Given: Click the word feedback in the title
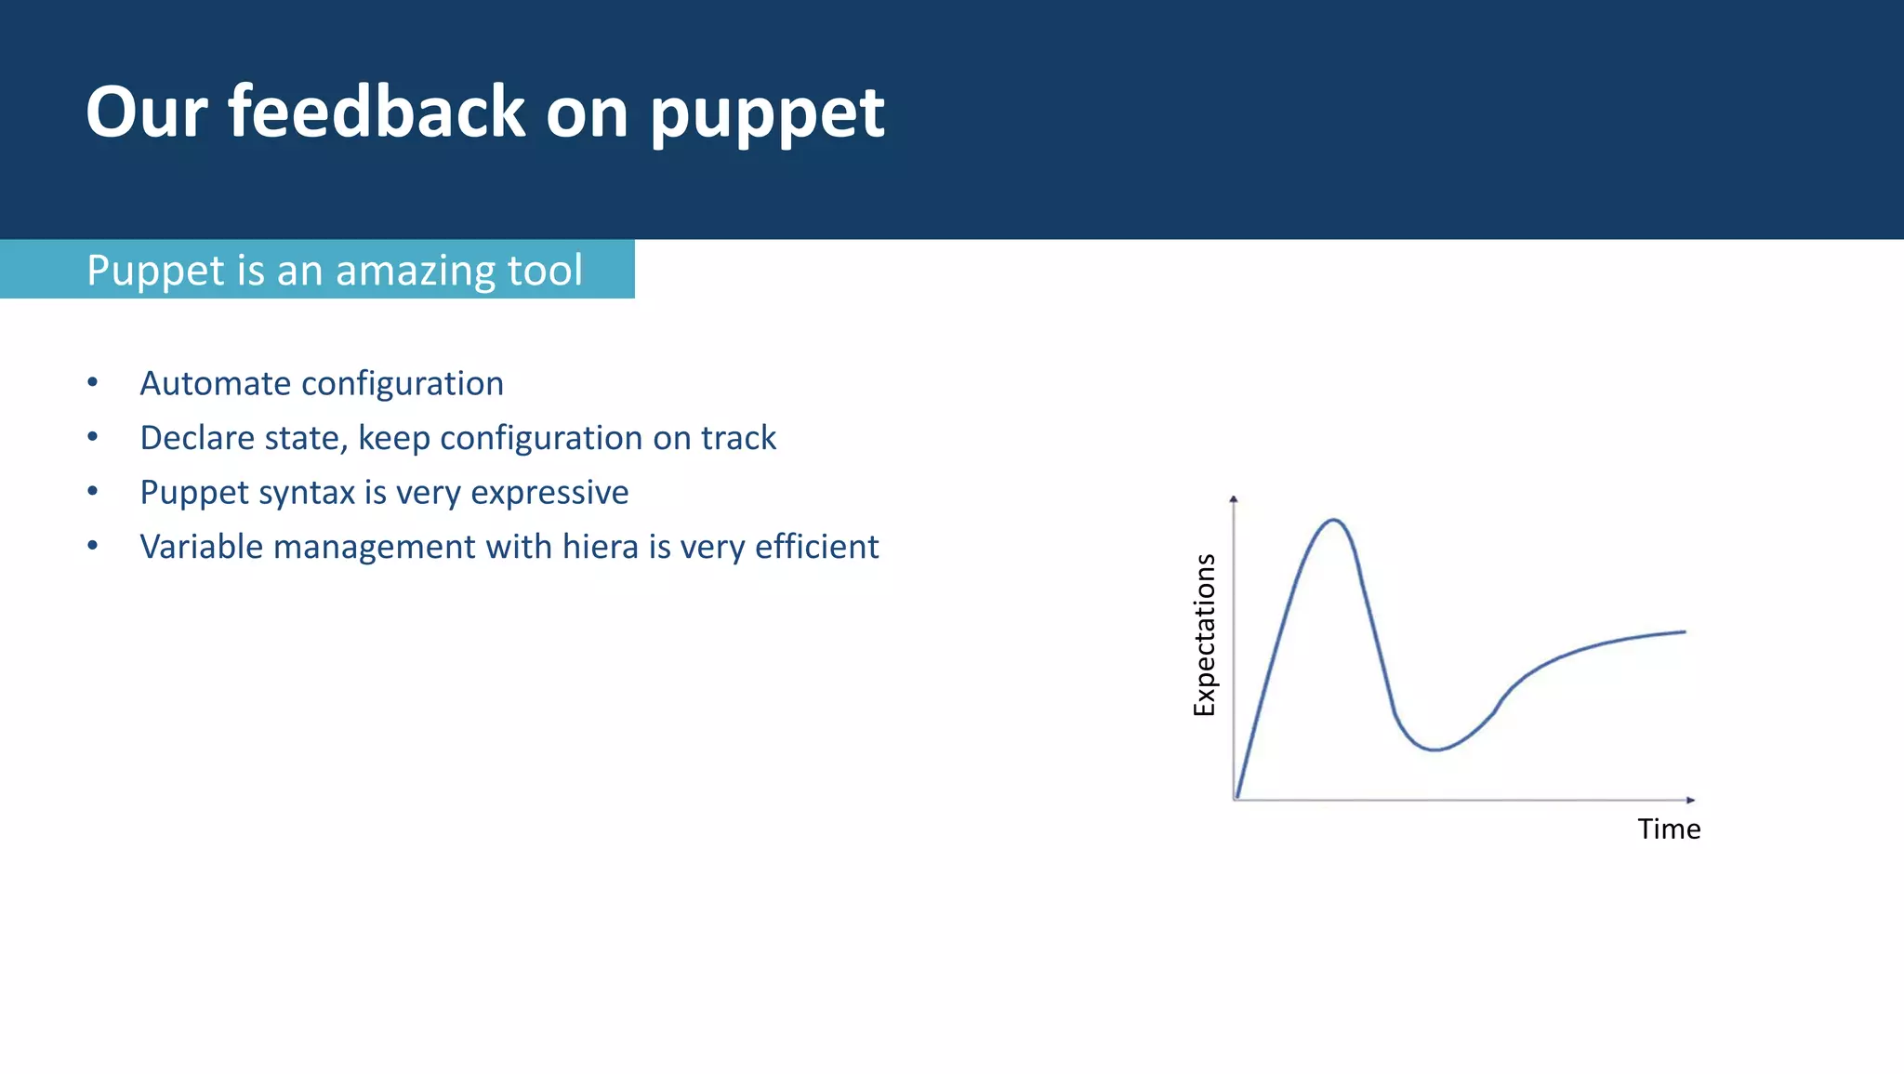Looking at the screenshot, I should (377, 112).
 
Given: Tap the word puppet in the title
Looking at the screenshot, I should (767, 116).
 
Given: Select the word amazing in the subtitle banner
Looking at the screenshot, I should (414, 271).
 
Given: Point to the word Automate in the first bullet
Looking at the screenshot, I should (215, 383).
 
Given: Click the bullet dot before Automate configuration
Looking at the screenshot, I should (92, 382).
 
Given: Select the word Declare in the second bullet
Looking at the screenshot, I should (194, 438).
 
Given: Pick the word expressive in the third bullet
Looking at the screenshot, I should (549, 493).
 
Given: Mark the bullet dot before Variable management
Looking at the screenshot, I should (92, 546).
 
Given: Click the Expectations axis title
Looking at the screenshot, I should (1204, 634).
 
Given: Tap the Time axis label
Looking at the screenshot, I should (1669, 829).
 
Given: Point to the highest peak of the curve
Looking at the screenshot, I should (1333, 520).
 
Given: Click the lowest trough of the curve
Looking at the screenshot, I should (1435, 749).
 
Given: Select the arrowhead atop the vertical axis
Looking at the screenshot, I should (1234, 499).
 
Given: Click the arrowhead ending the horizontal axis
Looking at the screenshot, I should (1690, 800).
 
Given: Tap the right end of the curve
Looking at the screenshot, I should (1684, 632).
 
